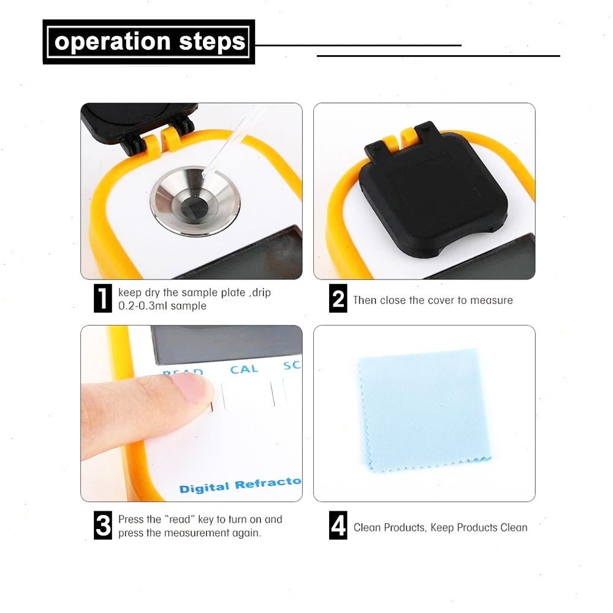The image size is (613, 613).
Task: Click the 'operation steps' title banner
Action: tap(149, 42)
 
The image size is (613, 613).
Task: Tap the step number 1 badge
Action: tap(103, 299)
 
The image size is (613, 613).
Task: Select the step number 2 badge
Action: tap(338, 300)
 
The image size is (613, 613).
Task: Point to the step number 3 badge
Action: tap(103, 526)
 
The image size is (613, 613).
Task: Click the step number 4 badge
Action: tap(338, 526)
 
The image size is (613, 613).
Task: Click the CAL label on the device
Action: tap(244, 370)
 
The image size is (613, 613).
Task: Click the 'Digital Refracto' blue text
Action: tap(240, 485)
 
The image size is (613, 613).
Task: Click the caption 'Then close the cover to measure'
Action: tap(433, 300)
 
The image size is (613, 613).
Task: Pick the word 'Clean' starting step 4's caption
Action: tap(367, 527)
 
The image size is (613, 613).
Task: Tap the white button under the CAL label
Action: tap(248, 394)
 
